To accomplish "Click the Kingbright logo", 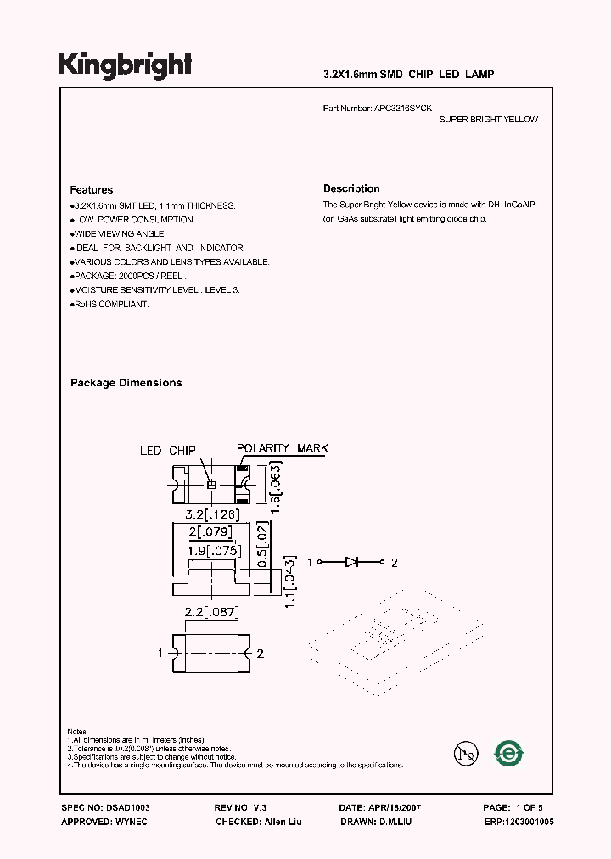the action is [x=126, y=65].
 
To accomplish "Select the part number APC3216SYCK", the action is [x=402, y=109].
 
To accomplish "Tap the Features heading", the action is [x=91, y=190].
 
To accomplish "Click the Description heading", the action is [x=351, y=188].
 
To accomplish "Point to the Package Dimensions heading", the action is [x=126, y=383].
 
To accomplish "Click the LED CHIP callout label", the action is [x=168, y=451].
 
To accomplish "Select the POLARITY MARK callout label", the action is [x=283, y=448].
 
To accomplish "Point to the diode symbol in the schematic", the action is [x=352, y=562].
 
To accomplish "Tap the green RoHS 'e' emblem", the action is [x=510, y=753].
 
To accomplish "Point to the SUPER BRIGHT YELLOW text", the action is [x=488, y=120].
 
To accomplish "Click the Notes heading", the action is [x=77, y=731].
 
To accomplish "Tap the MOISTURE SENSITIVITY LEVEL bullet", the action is [x=155, y=290].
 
